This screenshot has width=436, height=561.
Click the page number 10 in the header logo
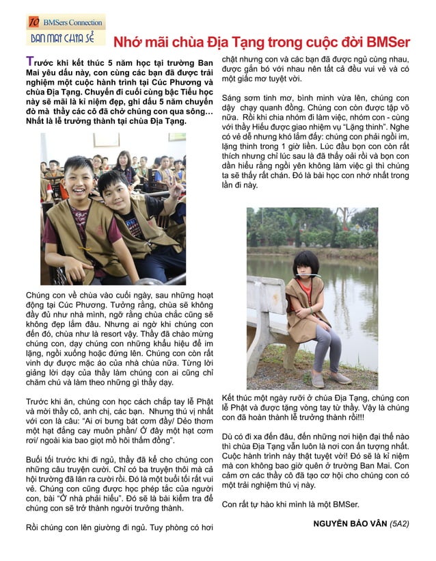click(33, 23)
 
